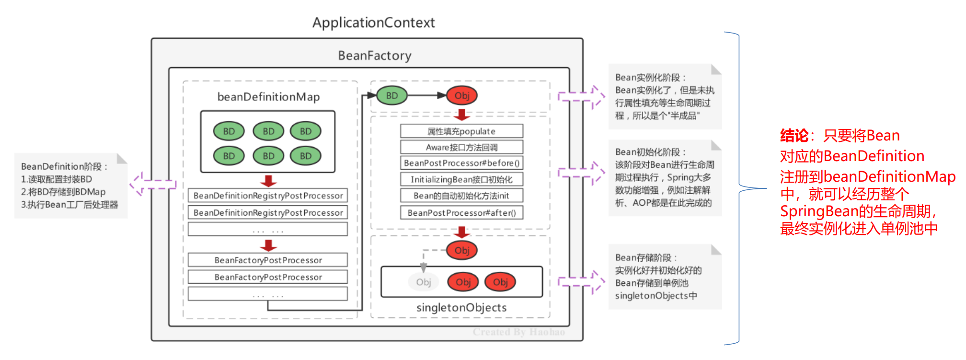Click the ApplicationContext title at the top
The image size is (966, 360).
[373, 23]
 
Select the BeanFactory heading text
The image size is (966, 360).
[374, 56]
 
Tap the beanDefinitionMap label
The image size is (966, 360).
[268, 97]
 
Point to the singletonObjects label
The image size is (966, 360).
[461, 308]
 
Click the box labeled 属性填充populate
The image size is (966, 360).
[461, 131]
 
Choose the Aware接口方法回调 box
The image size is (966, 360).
[461, 147]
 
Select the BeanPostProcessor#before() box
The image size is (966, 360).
[461, 163]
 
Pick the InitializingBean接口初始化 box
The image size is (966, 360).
[461, 179]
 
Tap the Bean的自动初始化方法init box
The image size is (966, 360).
[461, 196]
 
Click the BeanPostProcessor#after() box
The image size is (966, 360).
[461, 212]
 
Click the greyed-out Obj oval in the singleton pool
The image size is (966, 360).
[423, 282]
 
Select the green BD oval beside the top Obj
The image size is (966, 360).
[391, 95]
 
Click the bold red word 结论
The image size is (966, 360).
[794, 136]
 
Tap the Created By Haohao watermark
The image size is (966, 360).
[518, 332]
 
